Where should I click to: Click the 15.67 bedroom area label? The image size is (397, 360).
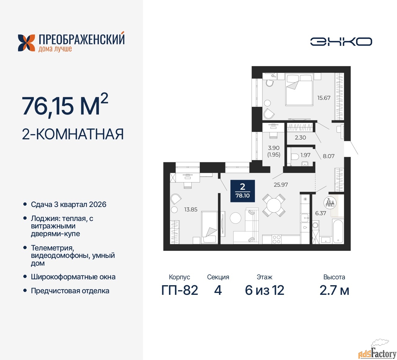tap(323, 98)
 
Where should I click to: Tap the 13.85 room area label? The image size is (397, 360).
tap(190, 209)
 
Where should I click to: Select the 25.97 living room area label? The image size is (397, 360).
tap(280, 185)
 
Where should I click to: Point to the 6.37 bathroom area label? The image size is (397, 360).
tap(320, 213)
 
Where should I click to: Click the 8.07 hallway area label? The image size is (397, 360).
tap(328, 156)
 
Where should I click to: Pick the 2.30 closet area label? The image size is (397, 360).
tap(300, 137)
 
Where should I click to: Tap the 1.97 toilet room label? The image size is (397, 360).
tap(305, 155)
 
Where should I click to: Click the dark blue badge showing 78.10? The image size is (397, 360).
tap(242, 191)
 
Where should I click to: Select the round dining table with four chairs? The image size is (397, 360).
tap(274, 205)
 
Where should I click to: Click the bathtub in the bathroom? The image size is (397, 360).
tap(338, 231)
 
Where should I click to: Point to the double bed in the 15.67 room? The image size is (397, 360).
tap(299, 89)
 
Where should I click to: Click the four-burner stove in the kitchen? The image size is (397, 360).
tap(276, 239)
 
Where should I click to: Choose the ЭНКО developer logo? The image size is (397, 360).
tap(341, 42)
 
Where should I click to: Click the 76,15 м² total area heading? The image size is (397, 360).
tap(65, 106)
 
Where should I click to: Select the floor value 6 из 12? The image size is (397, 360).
tap(264, 290)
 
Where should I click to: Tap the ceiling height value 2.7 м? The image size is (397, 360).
tap(334, 290)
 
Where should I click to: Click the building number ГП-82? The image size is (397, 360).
tap(180, 290)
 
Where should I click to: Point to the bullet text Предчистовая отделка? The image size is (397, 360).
tap(70, 291)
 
